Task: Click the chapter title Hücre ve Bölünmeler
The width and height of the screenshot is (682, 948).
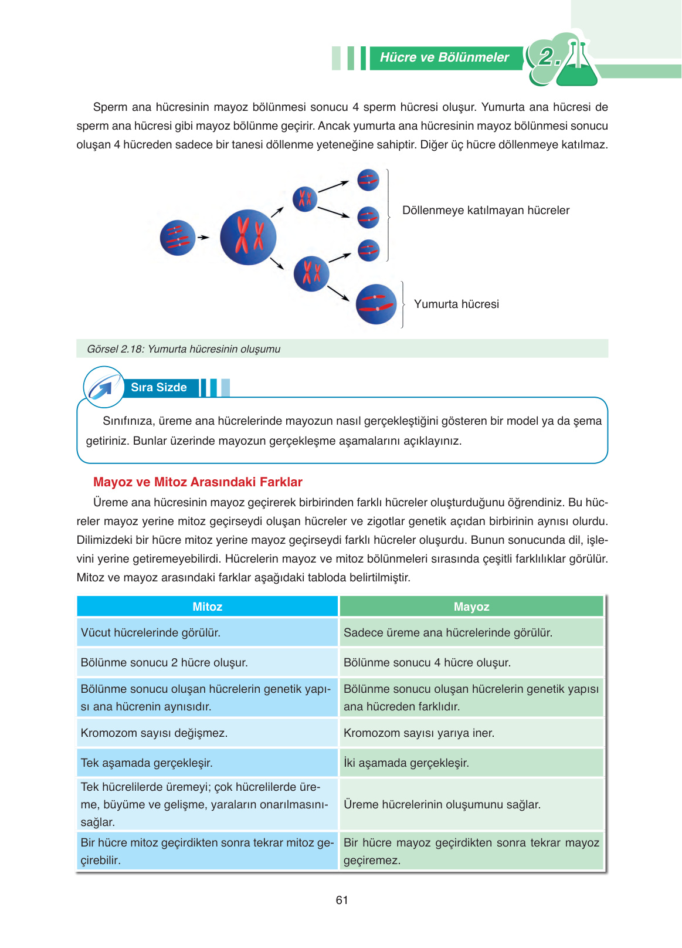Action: [x=445, y=57]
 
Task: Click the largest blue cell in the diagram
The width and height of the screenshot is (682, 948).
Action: [x=248, y=237]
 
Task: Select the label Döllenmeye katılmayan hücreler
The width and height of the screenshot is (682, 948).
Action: [x=486, y=211]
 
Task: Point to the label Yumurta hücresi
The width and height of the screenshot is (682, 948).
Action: [x=456, y=304]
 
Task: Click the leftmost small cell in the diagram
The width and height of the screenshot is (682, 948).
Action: [x=177, y=238]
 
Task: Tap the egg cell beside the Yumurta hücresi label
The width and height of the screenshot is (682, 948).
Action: [x=376, y=304]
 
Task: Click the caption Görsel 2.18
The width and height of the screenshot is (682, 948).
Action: [x=184, y=349]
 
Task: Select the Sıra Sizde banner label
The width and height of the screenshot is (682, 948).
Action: [x=159, y=388]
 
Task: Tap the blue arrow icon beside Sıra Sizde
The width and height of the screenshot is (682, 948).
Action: [x=103, y=387]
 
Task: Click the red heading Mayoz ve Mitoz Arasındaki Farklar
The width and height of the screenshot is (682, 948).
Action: [x=198, y=482]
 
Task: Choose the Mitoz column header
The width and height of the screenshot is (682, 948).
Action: [x=208, y=607]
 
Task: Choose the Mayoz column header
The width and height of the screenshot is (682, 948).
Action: [x=471, y=607]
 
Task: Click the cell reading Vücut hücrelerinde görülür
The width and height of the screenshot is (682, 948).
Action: [x=151, y=633]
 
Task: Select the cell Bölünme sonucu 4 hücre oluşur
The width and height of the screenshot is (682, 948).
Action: [x=427, y=663]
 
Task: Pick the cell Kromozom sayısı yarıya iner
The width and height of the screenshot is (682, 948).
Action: [x=419, y=733]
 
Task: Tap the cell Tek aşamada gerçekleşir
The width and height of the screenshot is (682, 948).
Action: [x=147, y=763]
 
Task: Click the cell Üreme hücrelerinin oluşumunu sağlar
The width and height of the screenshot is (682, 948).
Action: [x=442, y=805]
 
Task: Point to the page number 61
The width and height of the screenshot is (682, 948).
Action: [x=342, y=900]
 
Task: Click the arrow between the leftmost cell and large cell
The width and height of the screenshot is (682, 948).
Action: [x=203, y=238]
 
